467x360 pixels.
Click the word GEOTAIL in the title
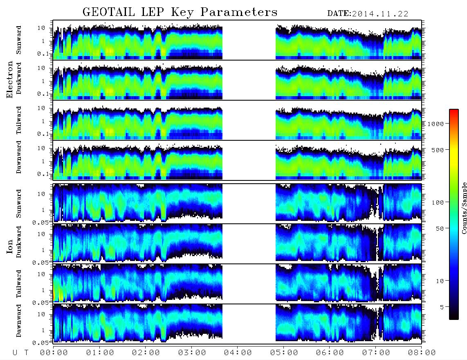pyautogui.click(x=109, y=12)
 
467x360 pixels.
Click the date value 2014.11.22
pyautogui.click(x=380, y=14)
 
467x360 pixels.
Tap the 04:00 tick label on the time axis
pyautogui.click(x=238, y=353)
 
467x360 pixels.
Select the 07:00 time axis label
pyautogui.click(x=376, y=353)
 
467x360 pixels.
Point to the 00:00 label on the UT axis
pyautogui.click(x=54, y=353)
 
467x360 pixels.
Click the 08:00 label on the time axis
pyautogui.click(x=422, y=353)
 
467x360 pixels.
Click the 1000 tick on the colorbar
pyautogui.click(x=436, y=124)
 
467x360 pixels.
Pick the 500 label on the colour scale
pyautogui.click(x=438, y=150)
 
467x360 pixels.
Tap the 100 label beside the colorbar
pyautogui.click(x=438, y=202)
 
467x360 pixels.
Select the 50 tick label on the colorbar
pyautogui.click(x=440, y=229)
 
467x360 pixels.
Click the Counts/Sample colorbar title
pyautogui.click(x=464, y=208)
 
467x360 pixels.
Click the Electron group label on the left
pyautogui.click(x=9, y=79)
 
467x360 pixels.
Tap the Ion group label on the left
pyautogui.click(x=9, y=246)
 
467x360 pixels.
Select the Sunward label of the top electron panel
pyautogui.click(x=19, y=40)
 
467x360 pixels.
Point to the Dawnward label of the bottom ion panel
pyautogui.click(x=19, y=320)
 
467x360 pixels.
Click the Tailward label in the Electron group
pyautogui.click(x=19, y=120)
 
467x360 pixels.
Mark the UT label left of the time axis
pyautogui.click(x=20, y=353)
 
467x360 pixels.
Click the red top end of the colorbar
pyautogui.click(x=454, y=111)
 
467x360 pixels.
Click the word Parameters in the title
pyautogui.click(x=239, y=12)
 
